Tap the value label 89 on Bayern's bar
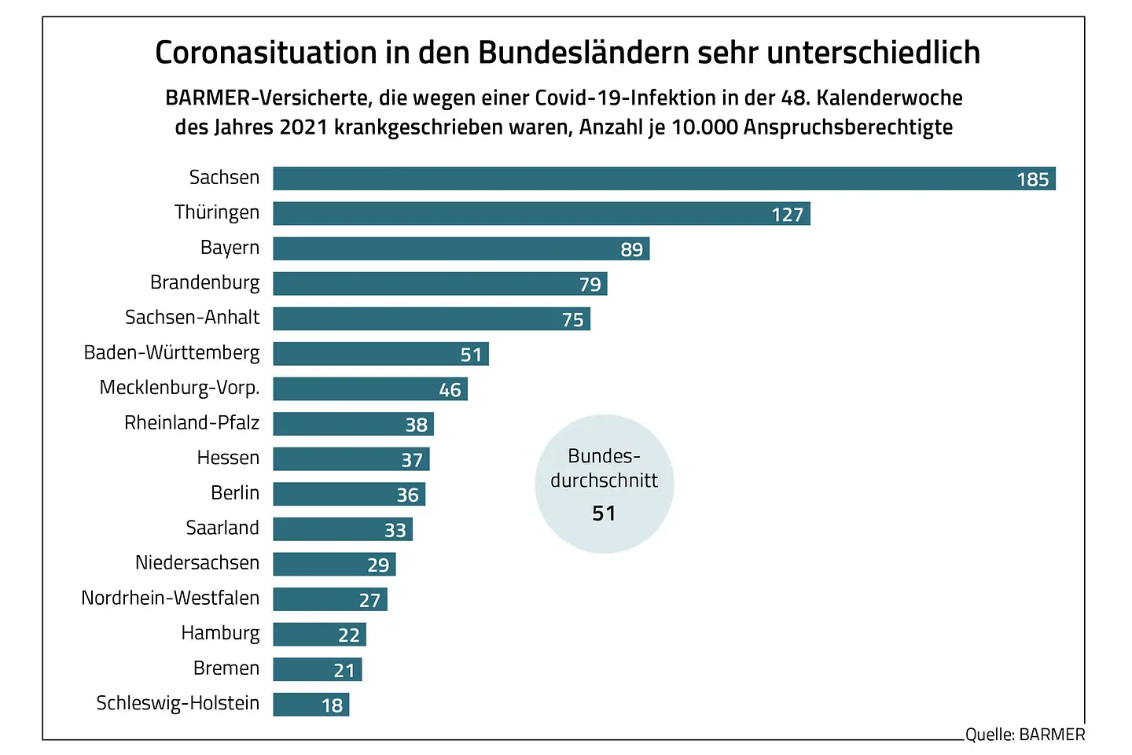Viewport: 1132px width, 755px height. pos(631,249)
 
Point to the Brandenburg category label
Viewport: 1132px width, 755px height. pos(204,282)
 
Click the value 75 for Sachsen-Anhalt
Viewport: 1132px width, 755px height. pos(572,319)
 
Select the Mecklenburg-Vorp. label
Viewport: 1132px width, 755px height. pos(179,388)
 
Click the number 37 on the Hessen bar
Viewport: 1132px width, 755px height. pos(412,460)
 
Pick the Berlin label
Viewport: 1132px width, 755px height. pos(234,493)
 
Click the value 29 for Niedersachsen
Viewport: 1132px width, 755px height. pos(378,565)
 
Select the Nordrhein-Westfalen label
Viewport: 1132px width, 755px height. pos(170,598)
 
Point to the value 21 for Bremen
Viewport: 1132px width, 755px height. pos(344,671)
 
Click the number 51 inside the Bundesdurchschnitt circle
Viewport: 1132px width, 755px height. pos(604,514)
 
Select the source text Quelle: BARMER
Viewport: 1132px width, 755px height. pos(1025,735)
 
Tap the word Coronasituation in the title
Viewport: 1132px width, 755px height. pos(266,53)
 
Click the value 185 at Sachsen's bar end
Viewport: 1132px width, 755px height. pos(1032,179)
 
